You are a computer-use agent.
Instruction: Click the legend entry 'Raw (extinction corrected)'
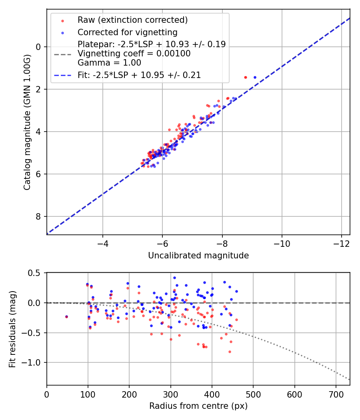(x=132, y=20)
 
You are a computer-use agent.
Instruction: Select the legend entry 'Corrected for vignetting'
(x=128, y=32)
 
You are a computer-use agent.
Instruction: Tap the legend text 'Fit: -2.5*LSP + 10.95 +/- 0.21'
(x=139, y=75)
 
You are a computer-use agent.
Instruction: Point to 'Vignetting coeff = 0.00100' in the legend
(x=134, y=54)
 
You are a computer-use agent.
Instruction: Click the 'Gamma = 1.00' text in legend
(x=110, y=63)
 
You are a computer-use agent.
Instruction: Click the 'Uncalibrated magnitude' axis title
(x=198, y=256)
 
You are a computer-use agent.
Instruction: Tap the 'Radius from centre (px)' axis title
(x=198, y=406)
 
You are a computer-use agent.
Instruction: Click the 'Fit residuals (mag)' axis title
(x=12, y=328)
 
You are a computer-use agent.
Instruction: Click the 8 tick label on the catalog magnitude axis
(x=38, y=217)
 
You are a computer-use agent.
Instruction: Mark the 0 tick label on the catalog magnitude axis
(x=38, y=47)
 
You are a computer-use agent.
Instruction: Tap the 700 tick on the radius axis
(x=336, y=395)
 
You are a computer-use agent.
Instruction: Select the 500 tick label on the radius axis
(x=253, y=395)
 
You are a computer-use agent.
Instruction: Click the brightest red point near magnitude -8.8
(x=245, y=77)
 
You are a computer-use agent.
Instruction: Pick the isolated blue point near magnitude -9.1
(x=255, y=77)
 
